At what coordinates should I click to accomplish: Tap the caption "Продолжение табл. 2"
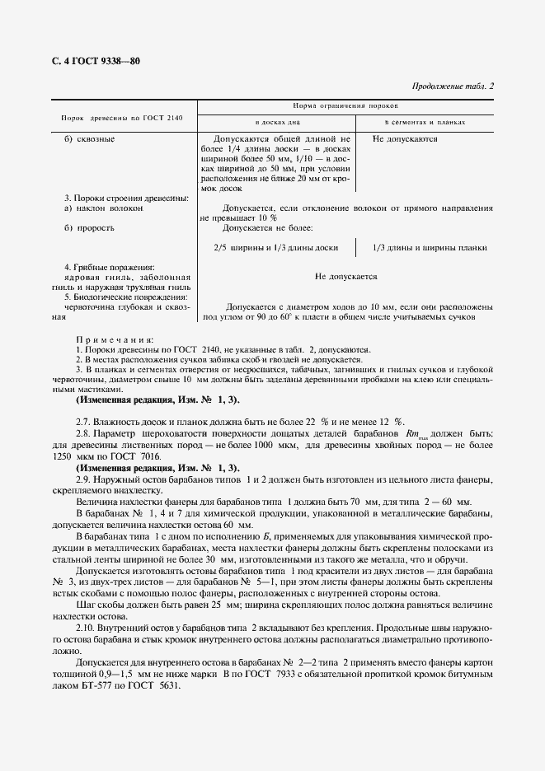click(452, 86)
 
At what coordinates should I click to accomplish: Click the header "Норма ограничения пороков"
click(345, 106)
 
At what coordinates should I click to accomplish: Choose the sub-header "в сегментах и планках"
click(425, 122)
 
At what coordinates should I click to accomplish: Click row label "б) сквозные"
click(90, 139)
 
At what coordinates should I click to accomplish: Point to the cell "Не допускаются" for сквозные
click(405, 139)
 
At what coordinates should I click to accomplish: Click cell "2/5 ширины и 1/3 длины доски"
click(275, 247)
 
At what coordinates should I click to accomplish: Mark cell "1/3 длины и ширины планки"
click(429, 247)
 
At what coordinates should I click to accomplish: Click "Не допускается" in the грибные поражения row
click(346, 278)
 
